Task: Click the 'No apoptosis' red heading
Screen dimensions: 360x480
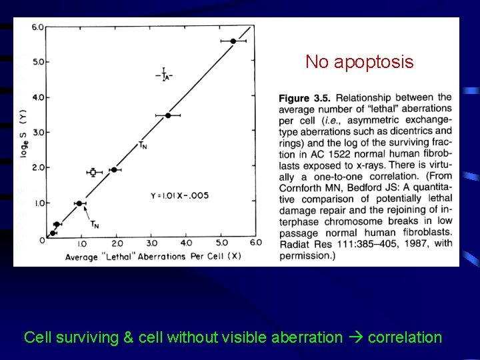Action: pyautogui.click(x=359, y=63)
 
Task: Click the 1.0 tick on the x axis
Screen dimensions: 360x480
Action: pyautogui.click(x=81, y=243)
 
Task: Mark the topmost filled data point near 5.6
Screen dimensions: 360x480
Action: pyautogui.click(x=233, y=41)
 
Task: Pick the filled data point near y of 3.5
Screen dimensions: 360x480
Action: pyautogui.click(x=168, y=115)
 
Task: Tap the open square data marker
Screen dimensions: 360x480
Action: pyautogui.click(x=93, y=172)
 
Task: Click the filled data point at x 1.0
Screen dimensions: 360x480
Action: pyautogui.click(x=79, y=203)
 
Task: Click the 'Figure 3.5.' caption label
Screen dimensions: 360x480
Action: pyautogui.click(x=304, y=99)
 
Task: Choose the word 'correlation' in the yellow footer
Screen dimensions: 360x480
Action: pyautogui.click(x=405, y=337)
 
